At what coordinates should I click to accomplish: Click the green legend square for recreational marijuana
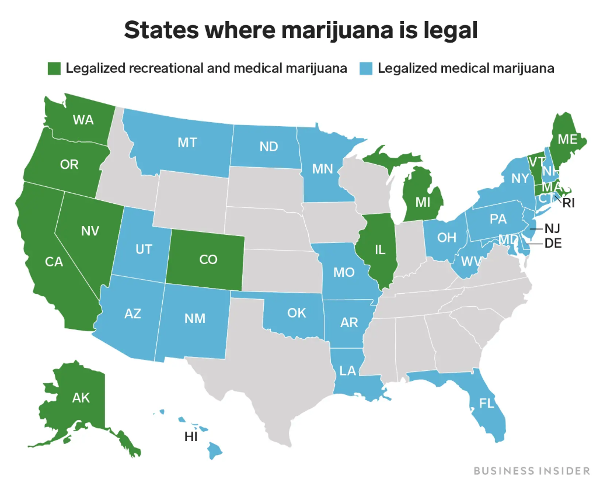54,69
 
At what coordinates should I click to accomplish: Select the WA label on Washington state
83,120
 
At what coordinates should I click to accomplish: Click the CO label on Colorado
208,260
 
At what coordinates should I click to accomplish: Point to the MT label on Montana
187,142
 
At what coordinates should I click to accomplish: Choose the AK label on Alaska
81,398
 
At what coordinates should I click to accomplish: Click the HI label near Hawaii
191,437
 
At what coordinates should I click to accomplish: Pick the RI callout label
568,203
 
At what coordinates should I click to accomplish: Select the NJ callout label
552,228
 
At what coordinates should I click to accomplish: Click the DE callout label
552,244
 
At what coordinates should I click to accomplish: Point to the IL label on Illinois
380,250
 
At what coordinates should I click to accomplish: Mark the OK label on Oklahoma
296,313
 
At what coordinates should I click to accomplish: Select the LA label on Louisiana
348,370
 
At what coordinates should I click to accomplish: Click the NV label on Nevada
90,231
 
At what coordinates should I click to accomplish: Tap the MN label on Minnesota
322,169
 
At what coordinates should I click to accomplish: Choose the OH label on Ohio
446,237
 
